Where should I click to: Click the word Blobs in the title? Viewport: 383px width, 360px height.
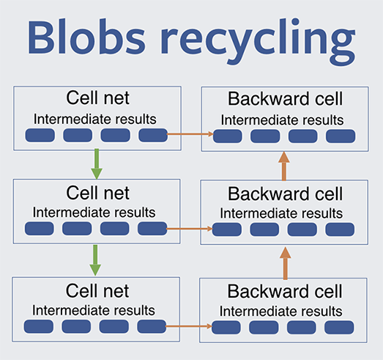coord(86,37)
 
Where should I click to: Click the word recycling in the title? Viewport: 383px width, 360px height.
coord(258,41)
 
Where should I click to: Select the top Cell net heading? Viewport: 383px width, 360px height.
coord(97,98)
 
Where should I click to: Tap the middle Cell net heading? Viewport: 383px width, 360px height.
coord(97,193)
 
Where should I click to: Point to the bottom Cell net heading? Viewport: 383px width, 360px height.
coord(97,290)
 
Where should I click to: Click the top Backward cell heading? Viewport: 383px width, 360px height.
coord(285,99)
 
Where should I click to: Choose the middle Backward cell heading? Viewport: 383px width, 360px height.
coord(285,194)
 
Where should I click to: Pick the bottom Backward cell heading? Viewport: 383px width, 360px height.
coord(285,291)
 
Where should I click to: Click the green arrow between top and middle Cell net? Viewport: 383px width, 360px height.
coord(97,164)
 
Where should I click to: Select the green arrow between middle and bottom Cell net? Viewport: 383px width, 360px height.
coord(95,260)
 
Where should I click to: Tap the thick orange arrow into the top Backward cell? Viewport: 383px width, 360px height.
coord(284,166)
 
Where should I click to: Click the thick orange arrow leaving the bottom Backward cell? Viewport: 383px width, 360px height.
coord(286,263)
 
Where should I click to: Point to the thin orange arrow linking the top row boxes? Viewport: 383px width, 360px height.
coord(190,133)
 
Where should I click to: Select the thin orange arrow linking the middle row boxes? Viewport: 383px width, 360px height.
coord(189,229)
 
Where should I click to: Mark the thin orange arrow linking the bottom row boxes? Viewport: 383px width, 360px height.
coord(188,326)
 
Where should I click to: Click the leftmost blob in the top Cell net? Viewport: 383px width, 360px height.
coord(40,135)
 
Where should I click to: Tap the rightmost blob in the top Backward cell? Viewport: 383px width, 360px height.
coord(341,136)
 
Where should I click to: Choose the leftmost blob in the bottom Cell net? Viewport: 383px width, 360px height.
coord(39,326)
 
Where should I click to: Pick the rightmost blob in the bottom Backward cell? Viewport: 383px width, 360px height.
coord(339,327)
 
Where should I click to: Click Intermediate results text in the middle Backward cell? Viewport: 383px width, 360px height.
coord(281,213)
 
